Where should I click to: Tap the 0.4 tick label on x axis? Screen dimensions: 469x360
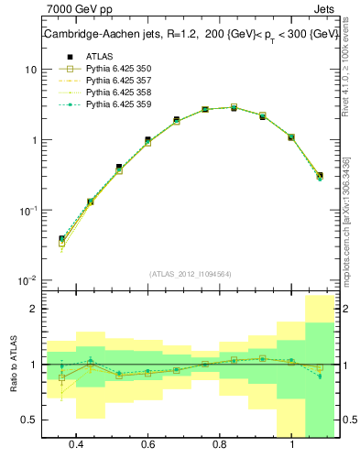tap(76, 444)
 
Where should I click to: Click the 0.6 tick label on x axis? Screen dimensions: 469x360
tap(147, 444)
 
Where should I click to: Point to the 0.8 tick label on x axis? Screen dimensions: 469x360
tap(220, 444)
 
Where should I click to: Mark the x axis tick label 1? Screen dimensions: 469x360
tap(291, 444)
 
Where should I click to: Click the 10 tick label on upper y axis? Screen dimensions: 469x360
tap(27, 71)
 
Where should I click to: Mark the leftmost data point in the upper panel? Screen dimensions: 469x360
tap(61, 239)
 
